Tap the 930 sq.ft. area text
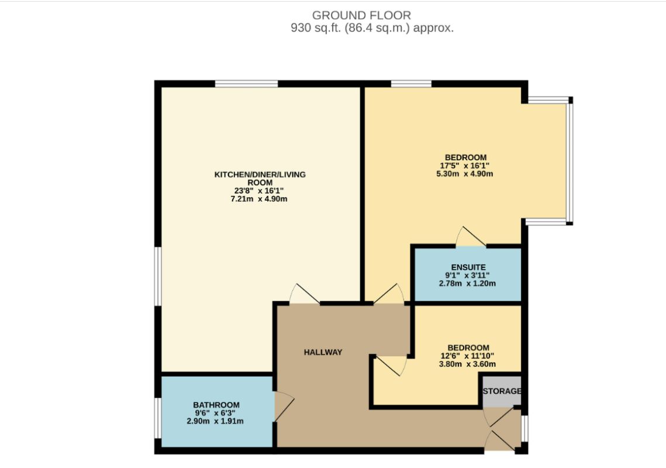pos(372,27)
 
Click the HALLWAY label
pos(323,352)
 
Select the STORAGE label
pos(501,391)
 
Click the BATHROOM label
pos(216,405)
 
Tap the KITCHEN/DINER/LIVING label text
pos(260,174)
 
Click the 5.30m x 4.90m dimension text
pos(465,174)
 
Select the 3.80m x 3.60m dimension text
pos(465,364)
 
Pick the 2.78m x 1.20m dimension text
pos(467,284)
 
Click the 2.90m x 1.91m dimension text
pos(216,421)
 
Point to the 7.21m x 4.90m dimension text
pos(260,199)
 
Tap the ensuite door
pos(471,236)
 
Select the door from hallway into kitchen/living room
pos(304,294)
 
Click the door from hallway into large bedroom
pos(389,294)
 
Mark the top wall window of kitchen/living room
pos(246,84)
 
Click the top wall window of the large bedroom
pos(411,84)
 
